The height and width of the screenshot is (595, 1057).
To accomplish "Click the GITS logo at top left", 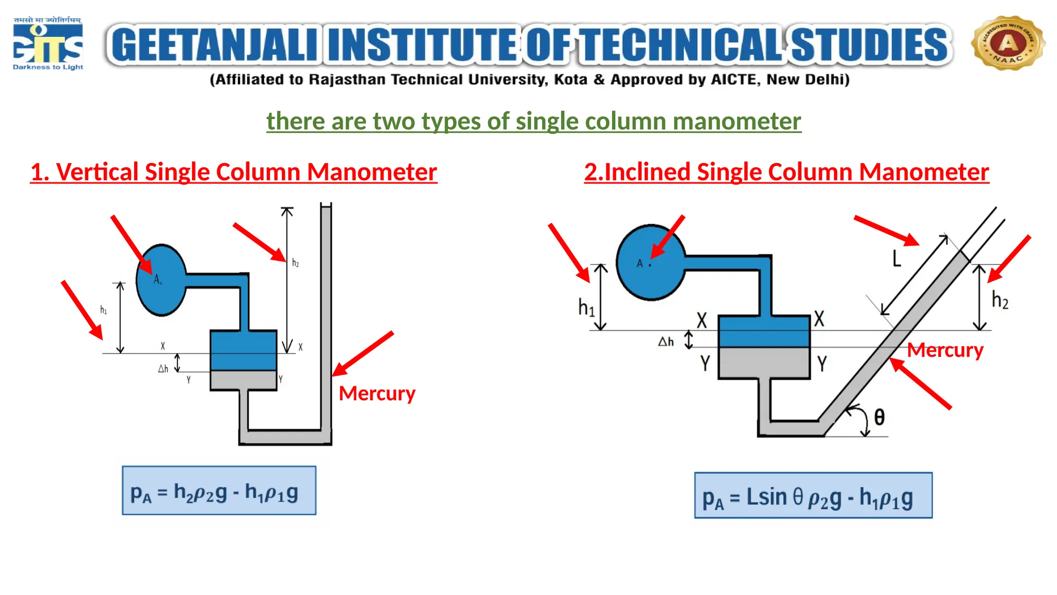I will click(x=47, y=44).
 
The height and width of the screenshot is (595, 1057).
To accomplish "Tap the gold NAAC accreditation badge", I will click(x=1007, y=43).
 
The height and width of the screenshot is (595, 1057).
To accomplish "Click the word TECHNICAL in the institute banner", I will click(x=682, y=45).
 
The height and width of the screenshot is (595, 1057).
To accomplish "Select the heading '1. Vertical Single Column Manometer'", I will click(x=233, y=172).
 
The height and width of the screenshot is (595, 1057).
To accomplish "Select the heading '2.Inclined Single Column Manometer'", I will click(x=786, y=172).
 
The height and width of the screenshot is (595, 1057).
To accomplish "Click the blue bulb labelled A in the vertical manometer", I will click(x=161, y=280).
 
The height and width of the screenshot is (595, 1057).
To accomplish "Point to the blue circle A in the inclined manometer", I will click(x=651, y=262).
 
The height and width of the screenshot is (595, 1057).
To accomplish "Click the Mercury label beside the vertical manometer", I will click(x=377, y=394).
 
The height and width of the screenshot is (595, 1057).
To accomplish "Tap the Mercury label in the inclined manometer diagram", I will click(x=945, y=350).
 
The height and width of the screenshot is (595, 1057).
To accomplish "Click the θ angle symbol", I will click(x=879, y=417).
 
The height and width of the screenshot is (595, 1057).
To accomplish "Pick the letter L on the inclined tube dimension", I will click(x=897, y=258).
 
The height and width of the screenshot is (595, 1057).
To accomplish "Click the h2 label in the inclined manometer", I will click(x=1000, y=300).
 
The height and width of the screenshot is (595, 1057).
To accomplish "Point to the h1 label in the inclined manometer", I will click(x=586, y=307).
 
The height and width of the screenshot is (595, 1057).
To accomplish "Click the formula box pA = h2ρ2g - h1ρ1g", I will click(x=219, y=491).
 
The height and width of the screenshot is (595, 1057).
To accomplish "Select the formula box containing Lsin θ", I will click(x=813, y=495).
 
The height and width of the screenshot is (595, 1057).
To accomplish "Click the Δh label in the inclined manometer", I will click(x=665, y=341).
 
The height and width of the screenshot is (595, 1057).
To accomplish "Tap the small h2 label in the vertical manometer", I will click(x=295, y=263).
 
